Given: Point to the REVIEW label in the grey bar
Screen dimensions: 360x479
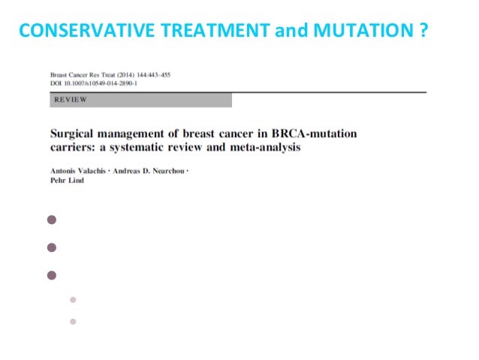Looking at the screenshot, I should (x=71, y=99).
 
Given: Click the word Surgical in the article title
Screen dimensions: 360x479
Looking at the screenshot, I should (x=73, y=134).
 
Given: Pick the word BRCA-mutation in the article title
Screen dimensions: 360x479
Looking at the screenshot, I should (x=317, y=134).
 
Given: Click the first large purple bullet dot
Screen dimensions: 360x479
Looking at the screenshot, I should (x=52, y=220).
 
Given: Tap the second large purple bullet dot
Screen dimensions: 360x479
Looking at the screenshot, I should (x=52, y=247).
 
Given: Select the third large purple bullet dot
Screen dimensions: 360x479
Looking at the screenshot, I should (x=52, y=274).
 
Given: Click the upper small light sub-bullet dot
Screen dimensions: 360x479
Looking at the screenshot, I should (x=73, y=299).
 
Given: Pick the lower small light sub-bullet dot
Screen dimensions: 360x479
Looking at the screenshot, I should (x=73, y=322).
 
